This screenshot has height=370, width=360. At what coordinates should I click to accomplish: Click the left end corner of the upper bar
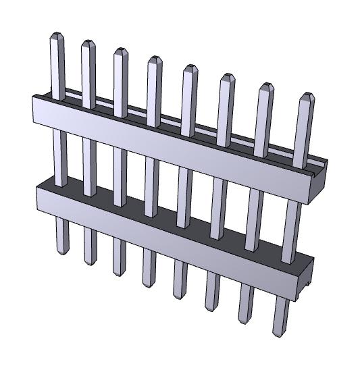34,108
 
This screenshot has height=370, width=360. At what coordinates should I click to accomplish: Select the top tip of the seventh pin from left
265,86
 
